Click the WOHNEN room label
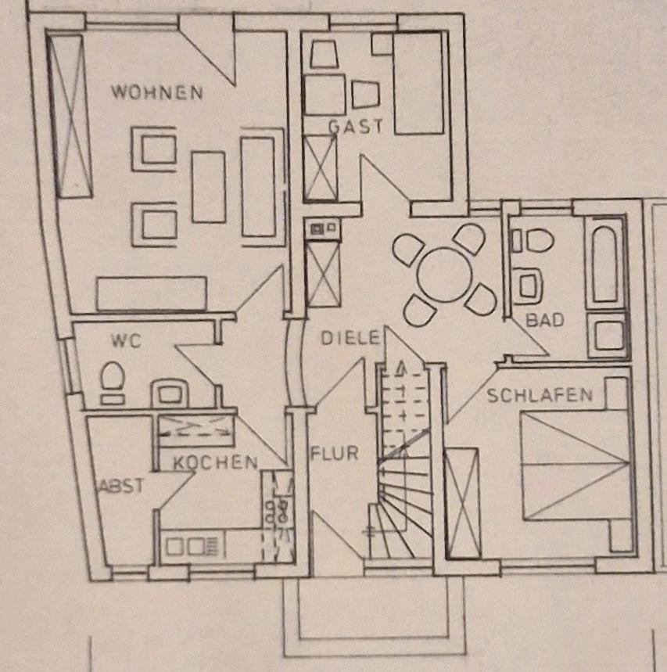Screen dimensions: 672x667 [156, 92]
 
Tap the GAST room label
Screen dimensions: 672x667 [356, 126]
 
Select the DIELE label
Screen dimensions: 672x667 [350, 339]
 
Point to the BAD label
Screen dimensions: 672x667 [544, 320]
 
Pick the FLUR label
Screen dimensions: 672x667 [334, 453]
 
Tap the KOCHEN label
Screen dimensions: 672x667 [215, 462]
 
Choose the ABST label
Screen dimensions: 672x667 [120, 486]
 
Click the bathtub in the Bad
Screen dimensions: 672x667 [606, 261]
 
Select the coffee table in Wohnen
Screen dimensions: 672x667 [209, 187]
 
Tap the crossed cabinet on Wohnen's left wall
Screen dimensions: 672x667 [71, 115]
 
